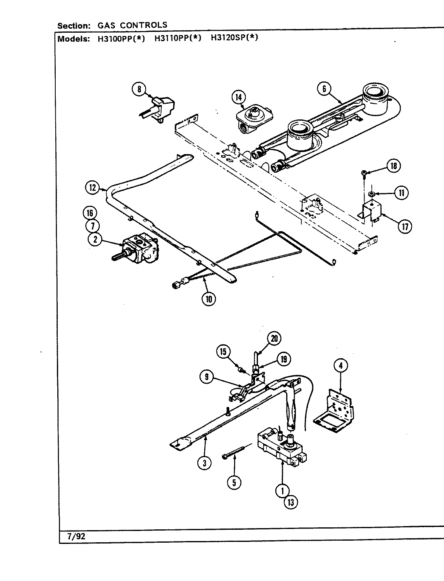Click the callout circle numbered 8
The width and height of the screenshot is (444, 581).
coord(139,89)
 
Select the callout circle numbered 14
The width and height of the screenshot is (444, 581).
coord(239,97)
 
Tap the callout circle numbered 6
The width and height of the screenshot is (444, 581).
coord(324,89)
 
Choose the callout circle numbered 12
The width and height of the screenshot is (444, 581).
coord(92,187)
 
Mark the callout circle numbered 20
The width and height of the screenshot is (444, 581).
coord(274,339)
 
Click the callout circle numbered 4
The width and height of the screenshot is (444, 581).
coord(341,366)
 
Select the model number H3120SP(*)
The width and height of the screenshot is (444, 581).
coord(234,39)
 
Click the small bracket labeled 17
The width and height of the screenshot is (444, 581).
coord(372,211)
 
